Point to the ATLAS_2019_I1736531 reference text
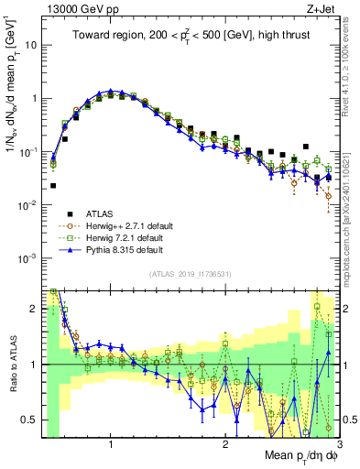click(191, 274)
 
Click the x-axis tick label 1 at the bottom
click(111, 444)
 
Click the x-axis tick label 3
click(339, 444)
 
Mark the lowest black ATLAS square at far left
click(53, 185)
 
